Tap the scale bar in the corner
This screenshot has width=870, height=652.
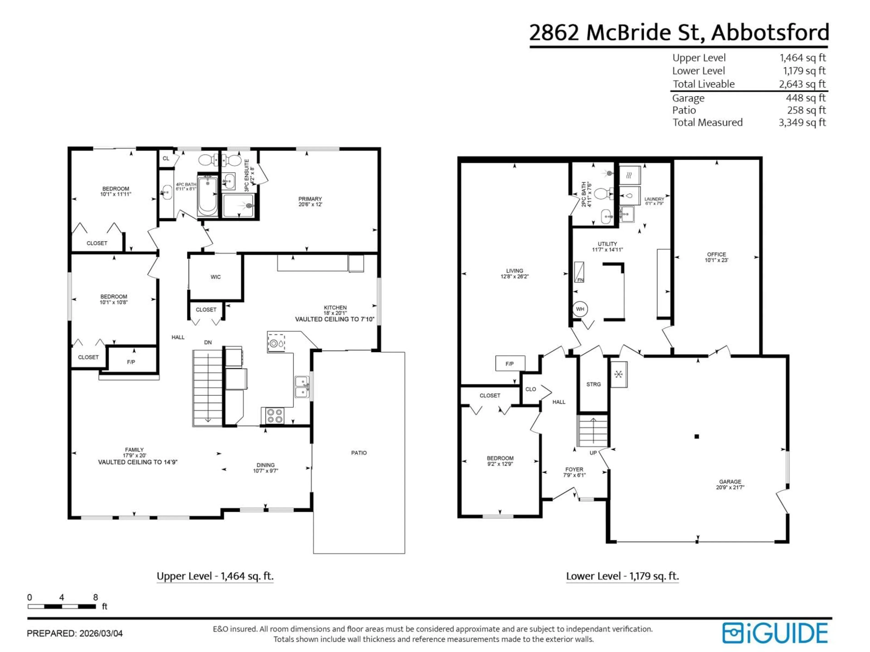(62, 606)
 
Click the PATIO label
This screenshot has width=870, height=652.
(359, 453)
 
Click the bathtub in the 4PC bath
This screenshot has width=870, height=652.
(207, 195)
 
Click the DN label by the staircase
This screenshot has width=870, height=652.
(208, 342)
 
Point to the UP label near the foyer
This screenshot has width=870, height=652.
(593, 453)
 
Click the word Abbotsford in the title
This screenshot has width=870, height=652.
(770, 32)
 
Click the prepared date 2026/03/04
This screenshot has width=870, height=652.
(101, 633)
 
